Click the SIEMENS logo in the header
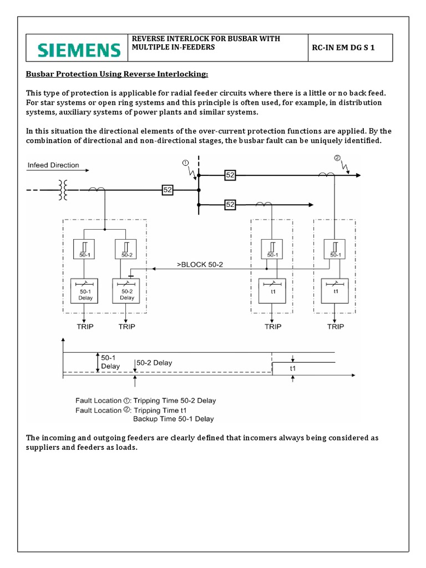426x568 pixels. coord(79,50)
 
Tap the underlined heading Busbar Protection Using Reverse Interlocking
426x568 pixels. coord(118,74)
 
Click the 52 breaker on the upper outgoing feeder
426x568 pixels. coord(231,175)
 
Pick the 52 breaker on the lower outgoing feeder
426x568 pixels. coord(231,205)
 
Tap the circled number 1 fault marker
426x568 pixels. coord(185,163)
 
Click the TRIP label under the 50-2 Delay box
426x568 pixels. coord(127,327)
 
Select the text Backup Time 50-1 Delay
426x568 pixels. coord(174,419)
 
